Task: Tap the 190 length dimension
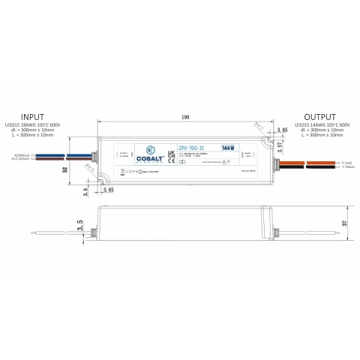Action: point(184,117)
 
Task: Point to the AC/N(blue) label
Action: point(20,155)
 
